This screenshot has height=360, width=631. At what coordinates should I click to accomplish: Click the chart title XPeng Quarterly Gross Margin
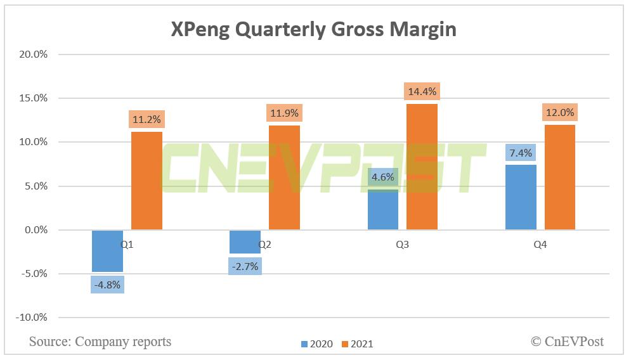[313, 29]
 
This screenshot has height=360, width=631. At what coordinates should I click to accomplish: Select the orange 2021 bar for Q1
[146, 181]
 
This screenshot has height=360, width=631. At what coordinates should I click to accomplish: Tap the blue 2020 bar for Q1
[107, 251]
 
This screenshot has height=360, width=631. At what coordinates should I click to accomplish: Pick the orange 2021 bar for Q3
[422, 167]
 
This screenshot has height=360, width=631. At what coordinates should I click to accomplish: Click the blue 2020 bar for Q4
[521, 197]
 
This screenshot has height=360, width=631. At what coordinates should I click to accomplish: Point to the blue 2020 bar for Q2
[245, 241]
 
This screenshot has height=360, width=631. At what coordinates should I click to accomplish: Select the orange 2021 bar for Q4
[559, 177]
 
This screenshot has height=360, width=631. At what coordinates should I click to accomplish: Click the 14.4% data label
[422, 91]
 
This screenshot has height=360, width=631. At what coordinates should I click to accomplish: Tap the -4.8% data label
[107, 284]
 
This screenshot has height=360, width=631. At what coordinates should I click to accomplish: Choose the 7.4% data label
[521, 153]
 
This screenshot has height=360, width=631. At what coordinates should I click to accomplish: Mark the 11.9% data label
[284, 113]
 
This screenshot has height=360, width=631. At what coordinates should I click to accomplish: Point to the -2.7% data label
[245, 266]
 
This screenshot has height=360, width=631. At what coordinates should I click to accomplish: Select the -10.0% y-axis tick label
[32, 317]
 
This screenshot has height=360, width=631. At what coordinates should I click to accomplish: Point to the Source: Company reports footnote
[100, 342]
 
